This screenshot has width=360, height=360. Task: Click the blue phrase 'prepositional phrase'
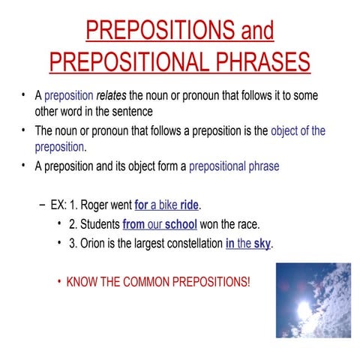[x=234, y=166]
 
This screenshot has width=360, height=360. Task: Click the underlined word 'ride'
[x=190, y=205]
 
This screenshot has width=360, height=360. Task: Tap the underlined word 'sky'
[x=262, y=244]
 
